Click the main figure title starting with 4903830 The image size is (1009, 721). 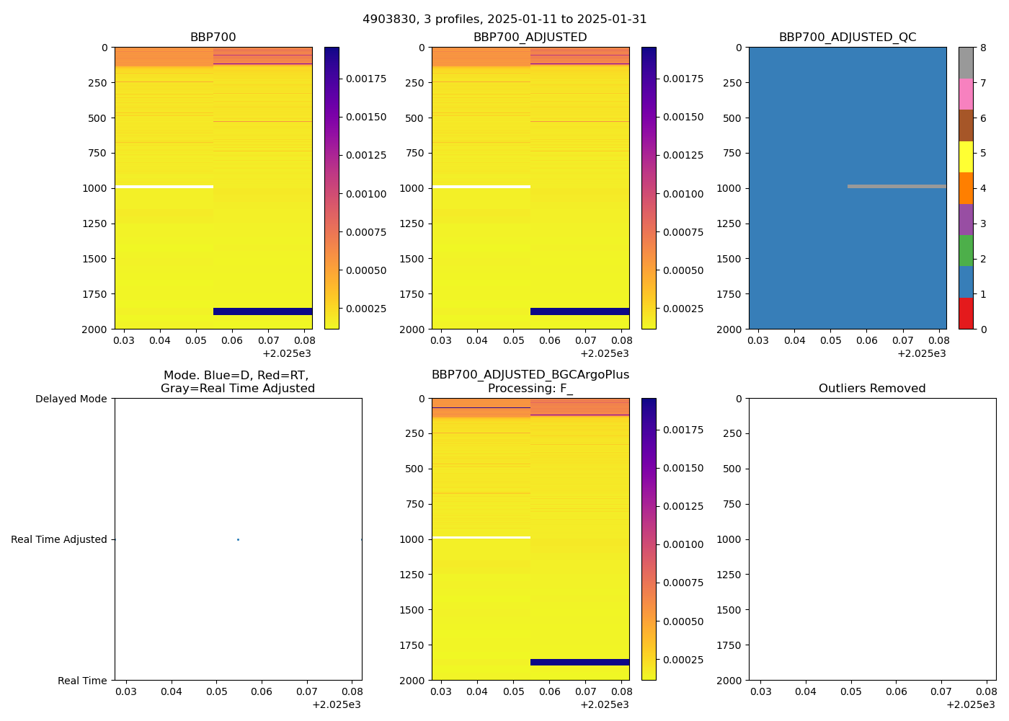tap(504, 19)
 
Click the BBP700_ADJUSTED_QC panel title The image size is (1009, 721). tap(848, 37)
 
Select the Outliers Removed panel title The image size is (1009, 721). tap(872, 389)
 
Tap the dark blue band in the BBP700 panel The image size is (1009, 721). tap(263, 311)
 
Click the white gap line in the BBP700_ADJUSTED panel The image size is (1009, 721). tap(481, 187)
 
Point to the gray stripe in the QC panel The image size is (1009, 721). tap(897, 186)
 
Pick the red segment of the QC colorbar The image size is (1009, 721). tap(966, 314)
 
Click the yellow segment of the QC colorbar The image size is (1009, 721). tap(966, 156)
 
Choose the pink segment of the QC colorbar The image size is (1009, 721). tap(966, 94)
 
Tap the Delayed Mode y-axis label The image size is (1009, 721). tap(71, 399)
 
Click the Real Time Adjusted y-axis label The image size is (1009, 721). tap(59, 539)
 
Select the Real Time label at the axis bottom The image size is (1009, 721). tap(82, 681)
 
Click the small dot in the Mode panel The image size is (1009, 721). tap(238, 539)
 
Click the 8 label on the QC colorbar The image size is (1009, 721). tap(982, 48)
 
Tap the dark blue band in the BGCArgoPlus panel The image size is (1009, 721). tap(580, 662)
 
